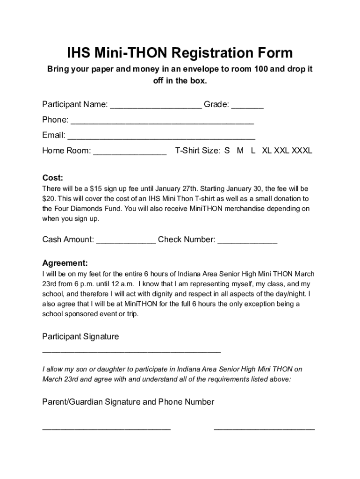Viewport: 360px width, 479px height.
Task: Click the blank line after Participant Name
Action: tap(156, 106)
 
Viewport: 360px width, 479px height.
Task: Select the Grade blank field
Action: tap(247, 106)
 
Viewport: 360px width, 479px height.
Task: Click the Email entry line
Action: tap(161, 138)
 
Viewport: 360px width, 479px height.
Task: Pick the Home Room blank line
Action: tap(130, 153)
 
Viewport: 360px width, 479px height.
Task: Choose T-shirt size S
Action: tap(227, 151)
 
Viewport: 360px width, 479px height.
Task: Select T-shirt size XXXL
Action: tap(302, 151)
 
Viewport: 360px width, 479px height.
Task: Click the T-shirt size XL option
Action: tap(266, 151)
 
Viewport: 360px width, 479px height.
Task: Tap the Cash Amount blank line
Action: tap(126, 242)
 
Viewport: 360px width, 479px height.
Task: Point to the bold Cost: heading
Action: tap(53, 178)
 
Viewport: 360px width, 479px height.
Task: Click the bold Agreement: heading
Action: tap(65, 263)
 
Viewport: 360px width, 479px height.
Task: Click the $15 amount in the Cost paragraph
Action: tap(95, 189)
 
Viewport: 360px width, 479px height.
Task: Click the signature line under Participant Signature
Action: tap(131, 351)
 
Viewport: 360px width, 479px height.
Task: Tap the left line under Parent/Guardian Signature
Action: tap(106, 428)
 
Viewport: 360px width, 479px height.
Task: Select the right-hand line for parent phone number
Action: tap(264, 428)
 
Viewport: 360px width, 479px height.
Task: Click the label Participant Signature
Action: tap(80, 336)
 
